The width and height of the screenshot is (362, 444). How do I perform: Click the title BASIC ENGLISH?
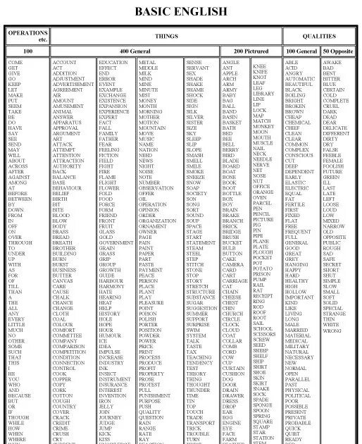click(181, 11)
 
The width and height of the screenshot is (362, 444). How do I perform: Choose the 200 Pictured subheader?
click(249, 52)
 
